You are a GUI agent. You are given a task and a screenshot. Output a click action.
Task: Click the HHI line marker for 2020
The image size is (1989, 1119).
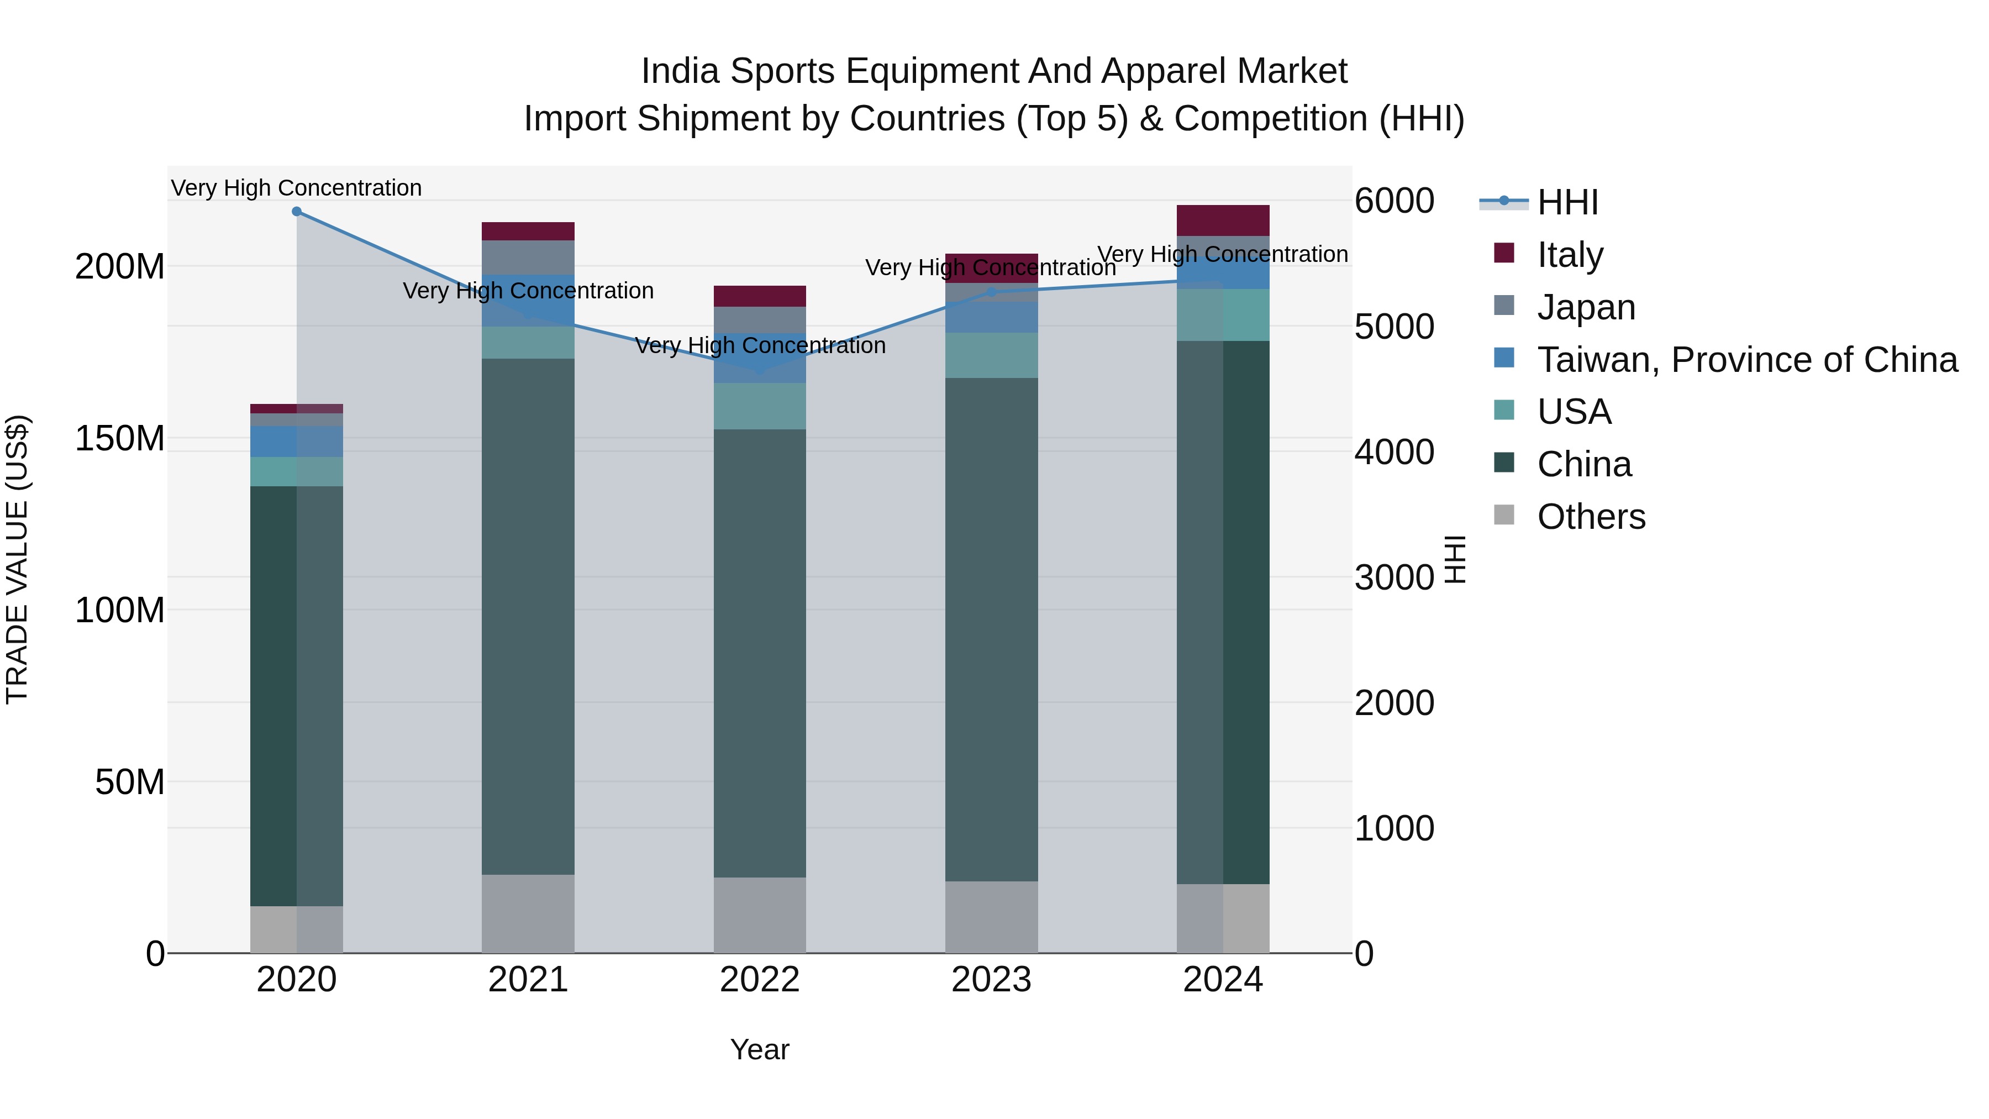pos(297,212)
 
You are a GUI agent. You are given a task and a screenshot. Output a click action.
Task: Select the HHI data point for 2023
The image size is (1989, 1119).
pos(991,292)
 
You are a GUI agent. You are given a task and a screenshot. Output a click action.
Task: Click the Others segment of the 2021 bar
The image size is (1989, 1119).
pos(528,913)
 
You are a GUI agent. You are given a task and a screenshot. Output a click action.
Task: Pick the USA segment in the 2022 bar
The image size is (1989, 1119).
pos(760,406)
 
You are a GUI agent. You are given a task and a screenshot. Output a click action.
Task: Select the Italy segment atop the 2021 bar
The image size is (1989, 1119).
pos(528,232)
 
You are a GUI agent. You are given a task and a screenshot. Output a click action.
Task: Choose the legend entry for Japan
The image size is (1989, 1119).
pos(1585,307)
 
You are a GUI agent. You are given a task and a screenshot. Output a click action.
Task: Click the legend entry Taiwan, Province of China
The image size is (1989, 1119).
pos(1746,360)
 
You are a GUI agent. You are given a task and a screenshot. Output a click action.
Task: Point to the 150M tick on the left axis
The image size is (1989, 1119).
pos(120,439)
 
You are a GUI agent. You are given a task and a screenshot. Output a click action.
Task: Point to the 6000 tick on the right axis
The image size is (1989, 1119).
pos(1395,201)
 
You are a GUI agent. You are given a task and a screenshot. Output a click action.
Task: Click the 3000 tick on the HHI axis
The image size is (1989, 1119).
pos(1395,577)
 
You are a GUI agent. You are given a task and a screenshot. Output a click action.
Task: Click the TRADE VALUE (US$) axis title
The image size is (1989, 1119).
pos(17,559)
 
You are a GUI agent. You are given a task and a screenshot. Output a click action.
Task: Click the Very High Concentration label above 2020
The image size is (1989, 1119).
pos(297,188)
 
